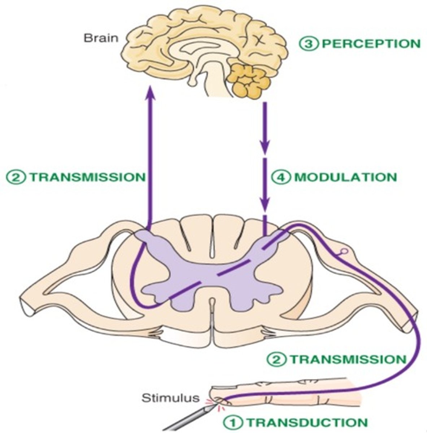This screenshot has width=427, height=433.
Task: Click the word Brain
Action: (101, 38)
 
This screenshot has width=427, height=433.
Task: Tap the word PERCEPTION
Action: (371, 44)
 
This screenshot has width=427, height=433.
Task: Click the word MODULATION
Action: (346, 178)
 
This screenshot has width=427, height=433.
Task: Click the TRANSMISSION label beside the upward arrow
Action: (87, 178)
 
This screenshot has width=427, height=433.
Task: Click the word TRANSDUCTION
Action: (308, 422)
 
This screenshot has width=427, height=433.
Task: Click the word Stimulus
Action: (170, 398)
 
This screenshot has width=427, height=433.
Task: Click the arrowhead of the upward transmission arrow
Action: (151, 92)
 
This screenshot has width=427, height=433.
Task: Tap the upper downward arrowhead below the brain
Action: (265, 148)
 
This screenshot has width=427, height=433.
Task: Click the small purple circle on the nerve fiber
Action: (344, 250)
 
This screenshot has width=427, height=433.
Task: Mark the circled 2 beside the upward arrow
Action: (16, 178)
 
